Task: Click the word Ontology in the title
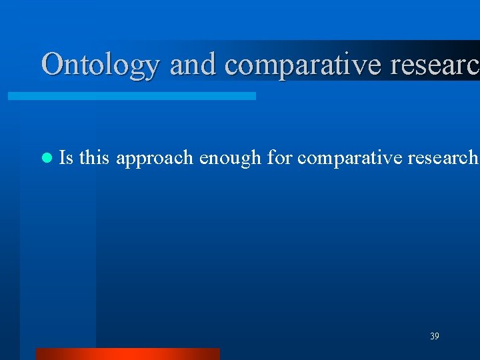tap(101, 65)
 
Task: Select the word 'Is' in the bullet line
tap(66, 157)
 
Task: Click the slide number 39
tap(434, 337)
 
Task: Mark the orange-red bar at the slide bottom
tap(127, 353)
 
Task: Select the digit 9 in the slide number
tap(437, 337)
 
